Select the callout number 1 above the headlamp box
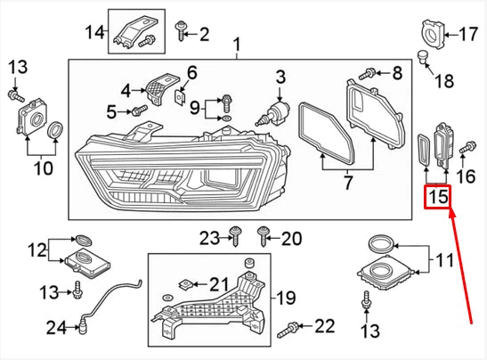coord(237,45)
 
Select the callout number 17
coord(467,35)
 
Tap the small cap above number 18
coord(425,59)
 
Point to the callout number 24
coord(56,329)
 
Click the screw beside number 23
coord(234,236)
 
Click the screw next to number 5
coord(140,110)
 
